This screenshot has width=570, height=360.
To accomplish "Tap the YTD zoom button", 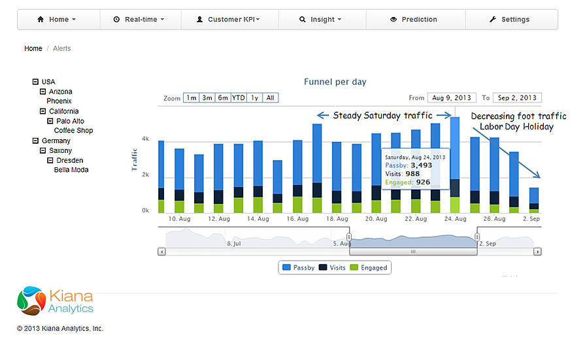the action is coord(239,98).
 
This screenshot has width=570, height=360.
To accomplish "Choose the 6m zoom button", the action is coord(223,98).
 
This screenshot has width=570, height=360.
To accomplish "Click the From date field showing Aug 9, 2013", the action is coord(452,98).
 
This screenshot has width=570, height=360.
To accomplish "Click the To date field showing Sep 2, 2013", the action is coord(517,98).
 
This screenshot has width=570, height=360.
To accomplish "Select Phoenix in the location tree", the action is coord(59,101).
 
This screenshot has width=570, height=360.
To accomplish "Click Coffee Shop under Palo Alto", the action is coord(73,131).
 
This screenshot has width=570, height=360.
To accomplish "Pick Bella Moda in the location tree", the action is coord(71,170).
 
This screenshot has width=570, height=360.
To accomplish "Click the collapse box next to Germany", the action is coord(35,140).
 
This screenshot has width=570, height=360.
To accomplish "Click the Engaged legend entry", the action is coord(369,268).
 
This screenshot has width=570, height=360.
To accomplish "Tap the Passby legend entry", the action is coord(299,268).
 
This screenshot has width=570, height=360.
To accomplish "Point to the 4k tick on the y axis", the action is coord(145,139).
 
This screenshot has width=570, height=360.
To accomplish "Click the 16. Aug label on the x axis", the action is coord(297,219).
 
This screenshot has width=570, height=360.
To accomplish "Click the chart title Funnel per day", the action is coord(335,82).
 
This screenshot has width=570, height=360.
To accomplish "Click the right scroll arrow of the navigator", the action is coord(537,252).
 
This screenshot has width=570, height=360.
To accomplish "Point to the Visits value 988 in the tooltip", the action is coord(412,174).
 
